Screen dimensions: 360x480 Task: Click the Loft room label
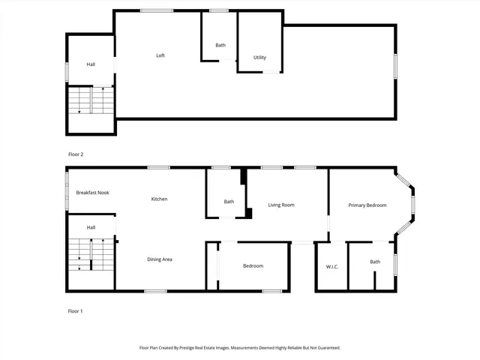[x=160, y=55]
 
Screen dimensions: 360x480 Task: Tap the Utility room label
[x=259, y=58]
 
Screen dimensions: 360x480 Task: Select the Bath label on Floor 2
[x=220, y=46]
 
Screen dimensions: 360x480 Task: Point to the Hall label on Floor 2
[x=91, y=64]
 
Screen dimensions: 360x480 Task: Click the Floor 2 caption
[x=76, y=154]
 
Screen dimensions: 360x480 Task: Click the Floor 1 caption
[x=76, y=310]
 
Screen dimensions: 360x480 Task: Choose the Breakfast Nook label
[x=92, y=193]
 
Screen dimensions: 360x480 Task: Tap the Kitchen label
[x=159, y=199]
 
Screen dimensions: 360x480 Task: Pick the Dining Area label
[x=160, y=259]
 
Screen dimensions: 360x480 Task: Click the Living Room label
[x=281, y=205]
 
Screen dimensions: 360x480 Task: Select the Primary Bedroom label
[x=367, y=205]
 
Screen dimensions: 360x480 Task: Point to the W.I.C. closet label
[x=333, y=267]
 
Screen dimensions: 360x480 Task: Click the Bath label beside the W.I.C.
[x=374, y=262]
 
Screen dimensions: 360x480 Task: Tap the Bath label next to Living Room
[x=229, y=201]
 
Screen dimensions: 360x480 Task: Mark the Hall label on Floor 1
[x=91, y=227]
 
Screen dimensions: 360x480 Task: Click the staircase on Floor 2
[x=91, y=100]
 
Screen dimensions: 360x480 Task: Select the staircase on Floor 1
[x=91, y=255]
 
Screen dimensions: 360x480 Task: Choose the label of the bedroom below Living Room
[x=253, y=266]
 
